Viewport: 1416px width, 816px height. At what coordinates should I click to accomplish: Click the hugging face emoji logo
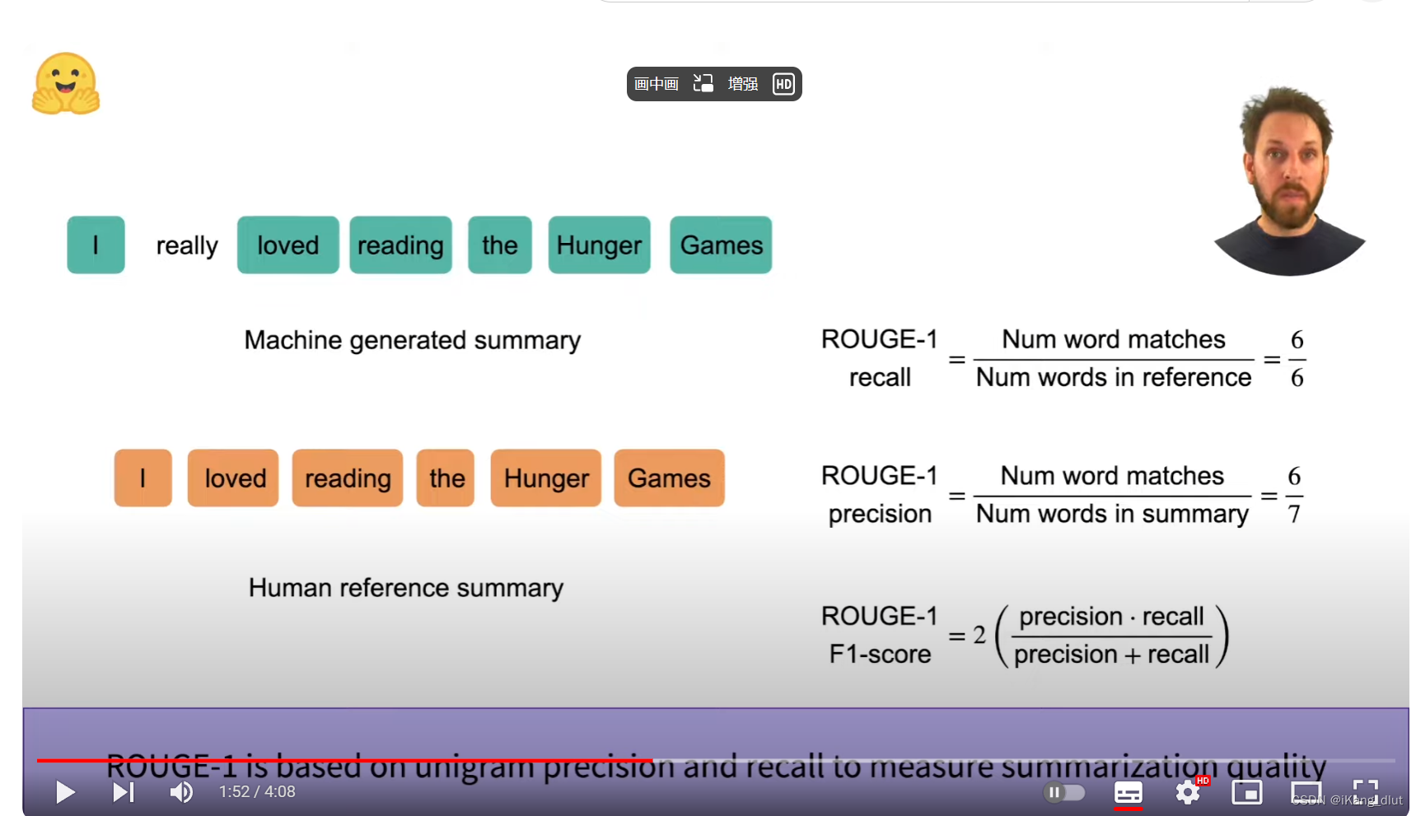click(x=66, y=84)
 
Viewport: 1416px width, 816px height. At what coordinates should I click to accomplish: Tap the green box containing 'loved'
click(x=287, y=245)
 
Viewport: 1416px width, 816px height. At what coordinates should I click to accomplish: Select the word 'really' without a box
click(x=187, y=245)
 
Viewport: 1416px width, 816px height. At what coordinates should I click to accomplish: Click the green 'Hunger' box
click(x=599, y=245)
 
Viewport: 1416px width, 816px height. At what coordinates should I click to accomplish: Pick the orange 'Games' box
click(x=669, y=478)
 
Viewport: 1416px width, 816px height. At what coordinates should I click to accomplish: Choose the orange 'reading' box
click(x=348, y=478)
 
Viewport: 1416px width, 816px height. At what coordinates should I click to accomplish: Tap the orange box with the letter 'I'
click(x=143, y=478)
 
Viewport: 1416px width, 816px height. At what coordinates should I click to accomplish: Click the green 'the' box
click(x=499, y=245)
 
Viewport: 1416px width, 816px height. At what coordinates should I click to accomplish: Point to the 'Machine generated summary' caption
click(x=412, y=340)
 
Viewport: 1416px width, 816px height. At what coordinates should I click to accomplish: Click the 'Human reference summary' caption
click(x=406, y=588)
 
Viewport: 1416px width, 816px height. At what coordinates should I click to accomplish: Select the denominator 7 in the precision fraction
click(x=1294, y=515)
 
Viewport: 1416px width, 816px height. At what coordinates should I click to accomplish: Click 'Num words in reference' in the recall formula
click(x=1113, y=378)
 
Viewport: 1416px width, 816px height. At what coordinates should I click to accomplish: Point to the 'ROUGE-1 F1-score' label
click(x=880, y=635)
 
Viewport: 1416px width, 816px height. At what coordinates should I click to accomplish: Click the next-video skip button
click(x=123, y=792)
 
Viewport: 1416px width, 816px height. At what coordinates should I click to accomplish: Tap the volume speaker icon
click(x=181, y=792)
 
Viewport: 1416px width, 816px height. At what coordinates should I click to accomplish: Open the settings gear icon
click(x=1187, y=792)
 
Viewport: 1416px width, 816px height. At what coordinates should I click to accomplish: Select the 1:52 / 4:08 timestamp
click(x=257, y=792)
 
